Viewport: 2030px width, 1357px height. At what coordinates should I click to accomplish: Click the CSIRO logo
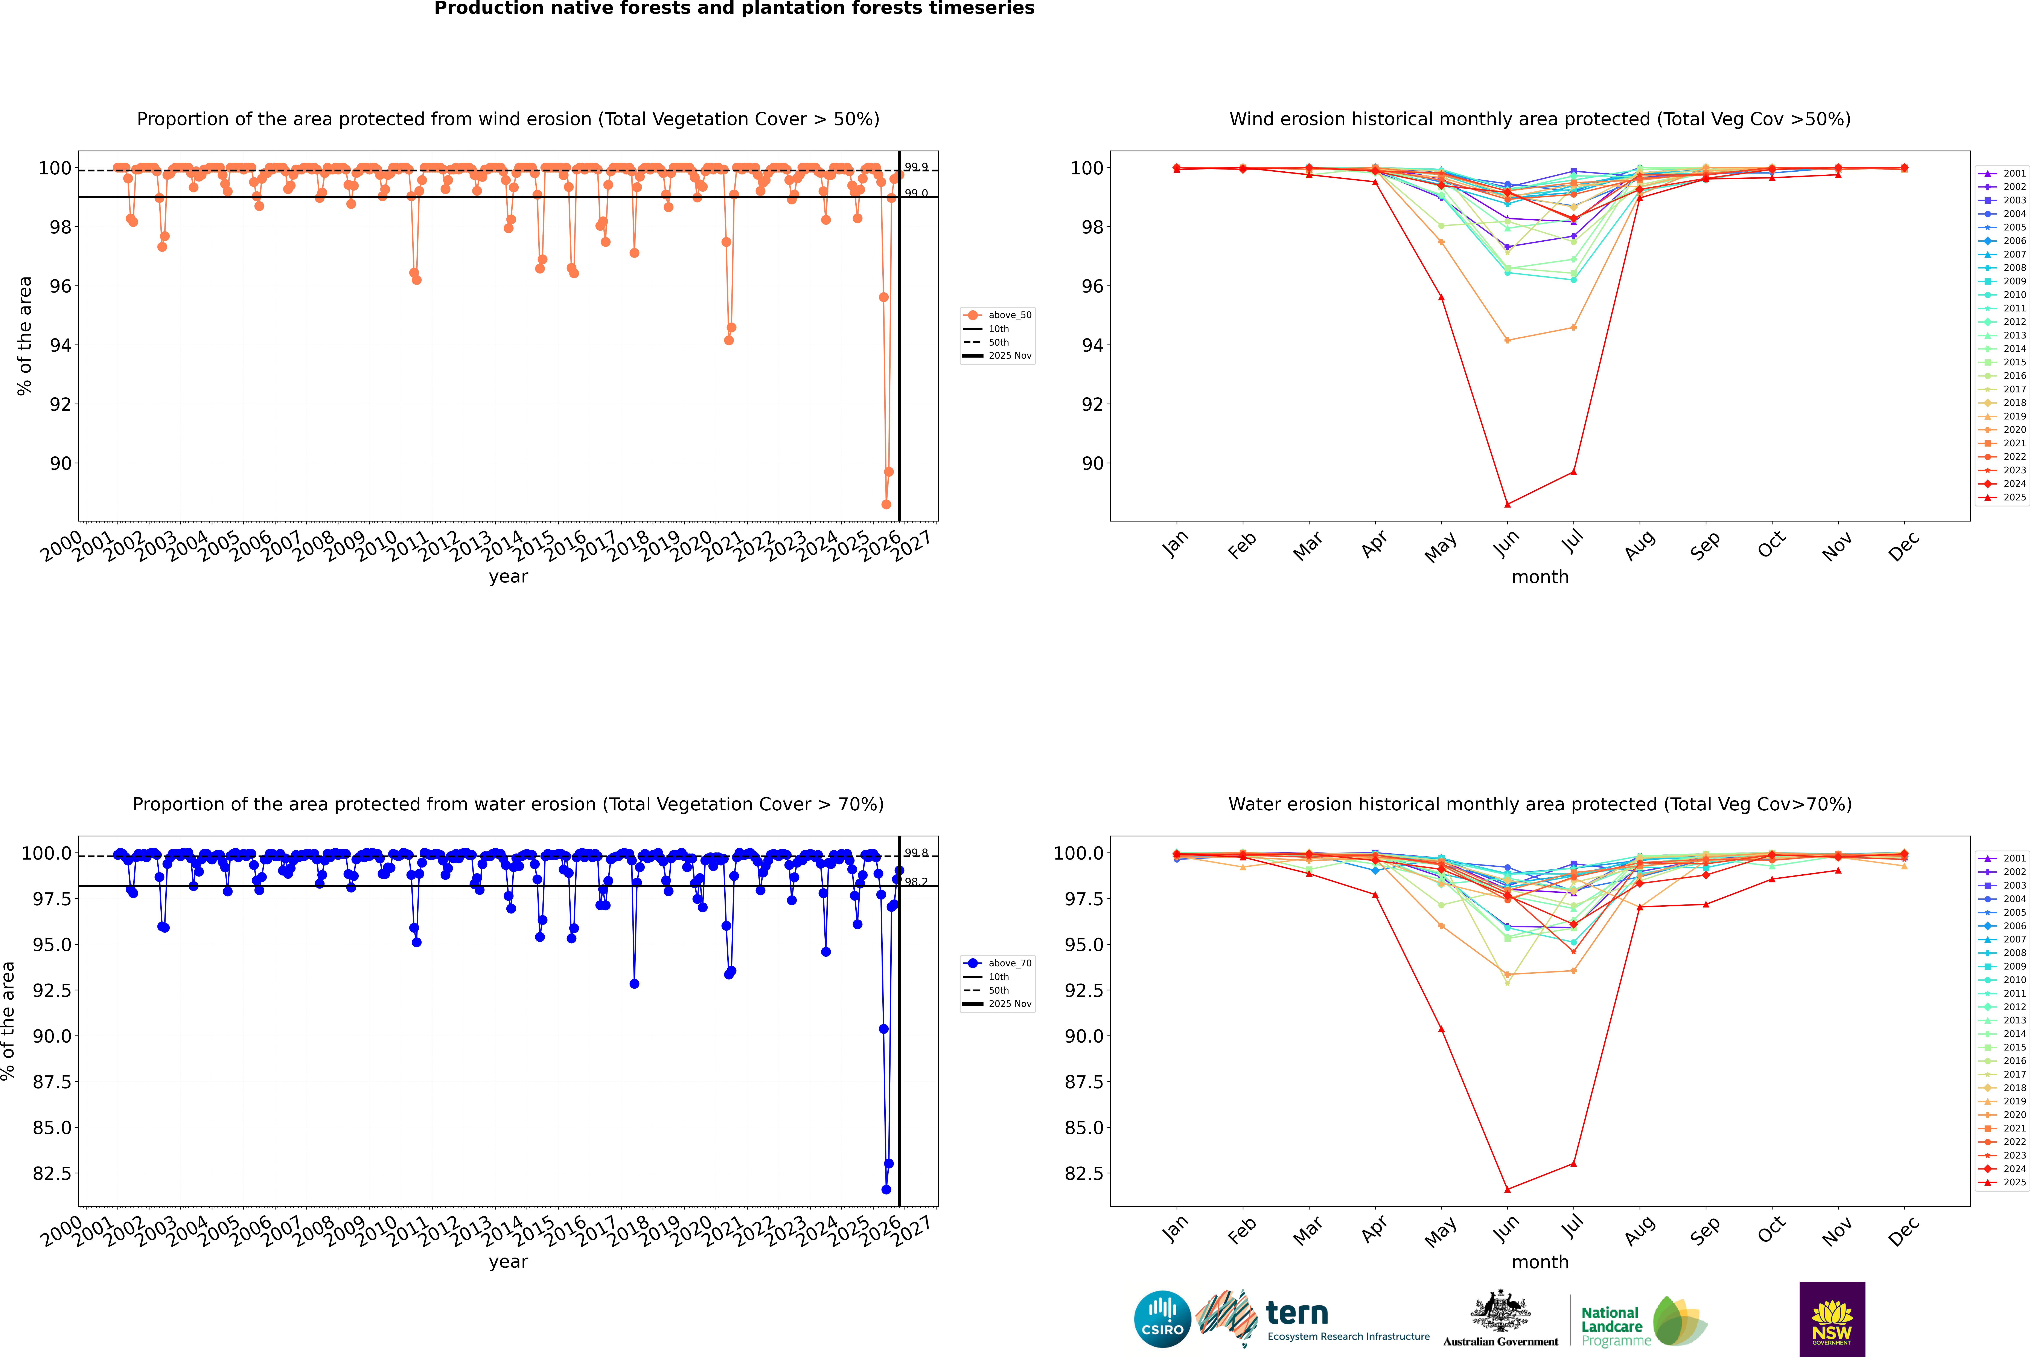coord(1162,1319)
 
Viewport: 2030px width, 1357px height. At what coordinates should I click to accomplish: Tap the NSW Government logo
coord(1832,1319)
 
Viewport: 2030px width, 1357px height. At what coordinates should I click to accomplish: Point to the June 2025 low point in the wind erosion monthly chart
coord(1507,505)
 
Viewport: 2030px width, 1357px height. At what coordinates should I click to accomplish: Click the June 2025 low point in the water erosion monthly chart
coord(1507,1189)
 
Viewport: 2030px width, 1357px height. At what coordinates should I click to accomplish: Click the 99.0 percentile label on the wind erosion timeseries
coord(916,193)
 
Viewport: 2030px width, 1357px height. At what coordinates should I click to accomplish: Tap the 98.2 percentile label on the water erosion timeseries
coord(916,882)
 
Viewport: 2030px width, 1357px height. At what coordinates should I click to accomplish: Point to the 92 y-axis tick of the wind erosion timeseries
coord(61,404)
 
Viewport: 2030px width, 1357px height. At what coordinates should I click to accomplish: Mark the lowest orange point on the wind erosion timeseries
coord(886,505)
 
